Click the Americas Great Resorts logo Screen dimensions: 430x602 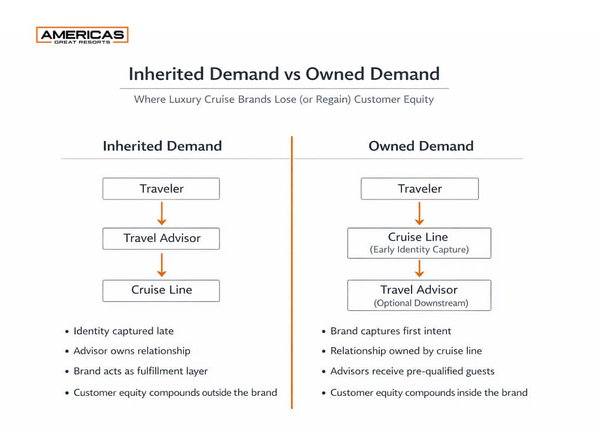coord(82,35)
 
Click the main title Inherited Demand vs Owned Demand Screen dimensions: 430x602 coord(284,73)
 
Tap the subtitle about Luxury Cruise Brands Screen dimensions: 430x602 coord(284,99)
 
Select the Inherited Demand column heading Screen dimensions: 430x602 coord(162,146)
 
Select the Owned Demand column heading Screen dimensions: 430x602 coord(421,146)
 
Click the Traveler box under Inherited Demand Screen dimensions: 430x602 coord(161,189)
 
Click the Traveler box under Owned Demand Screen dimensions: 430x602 coord(419,189)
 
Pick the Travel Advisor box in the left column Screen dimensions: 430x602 coord(161,238)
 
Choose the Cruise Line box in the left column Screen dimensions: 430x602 coord(161,290)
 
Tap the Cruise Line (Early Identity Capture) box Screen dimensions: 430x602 coord(419,243)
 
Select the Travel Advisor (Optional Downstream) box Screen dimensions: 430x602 coord(419,295)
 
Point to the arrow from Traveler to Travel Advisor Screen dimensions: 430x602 coord(162,213)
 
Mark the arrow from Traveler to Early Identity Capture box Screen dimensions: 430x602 coord(419,213)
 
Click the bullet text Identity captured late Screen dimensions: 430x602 coord(123,331)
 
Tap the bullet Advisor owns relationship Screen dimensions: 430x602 coord(132,351)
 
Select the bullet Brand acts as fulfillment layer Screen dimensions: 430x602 coord(141,371)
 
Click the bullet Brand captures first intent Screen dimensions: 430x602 coord(391,331)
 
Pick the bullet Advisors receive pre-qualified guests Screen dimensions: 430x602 coord(412,371)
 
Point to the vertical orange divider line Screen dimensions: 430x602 coord(292,270)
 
